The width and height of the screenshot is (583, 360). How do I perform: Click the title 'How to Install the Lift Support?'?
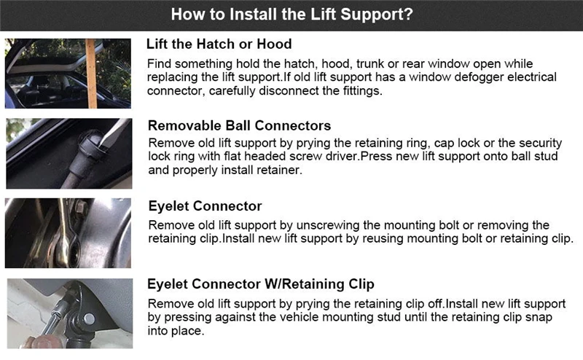coord(292,15)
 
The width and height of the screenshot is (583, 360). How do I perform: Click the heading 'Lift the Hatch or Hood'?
coord(219,44)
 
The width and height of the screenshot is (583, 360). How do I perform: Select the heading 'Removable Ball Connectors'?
coord(240,125)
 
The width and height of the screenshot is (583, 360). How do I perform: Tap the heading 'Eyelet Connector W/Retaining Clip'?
coord(261,284)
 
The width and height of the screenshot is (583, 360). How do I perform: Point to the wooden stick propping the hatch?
coord(90,74)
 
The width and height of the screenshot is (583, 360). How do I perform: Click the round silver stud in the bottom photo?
coord(89,319)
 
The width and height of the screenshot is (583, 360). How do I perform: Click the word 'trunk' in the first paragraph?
coord(369,64)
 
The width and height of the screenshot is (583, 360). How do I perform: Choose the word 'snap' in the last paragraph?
coord(539,318)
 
